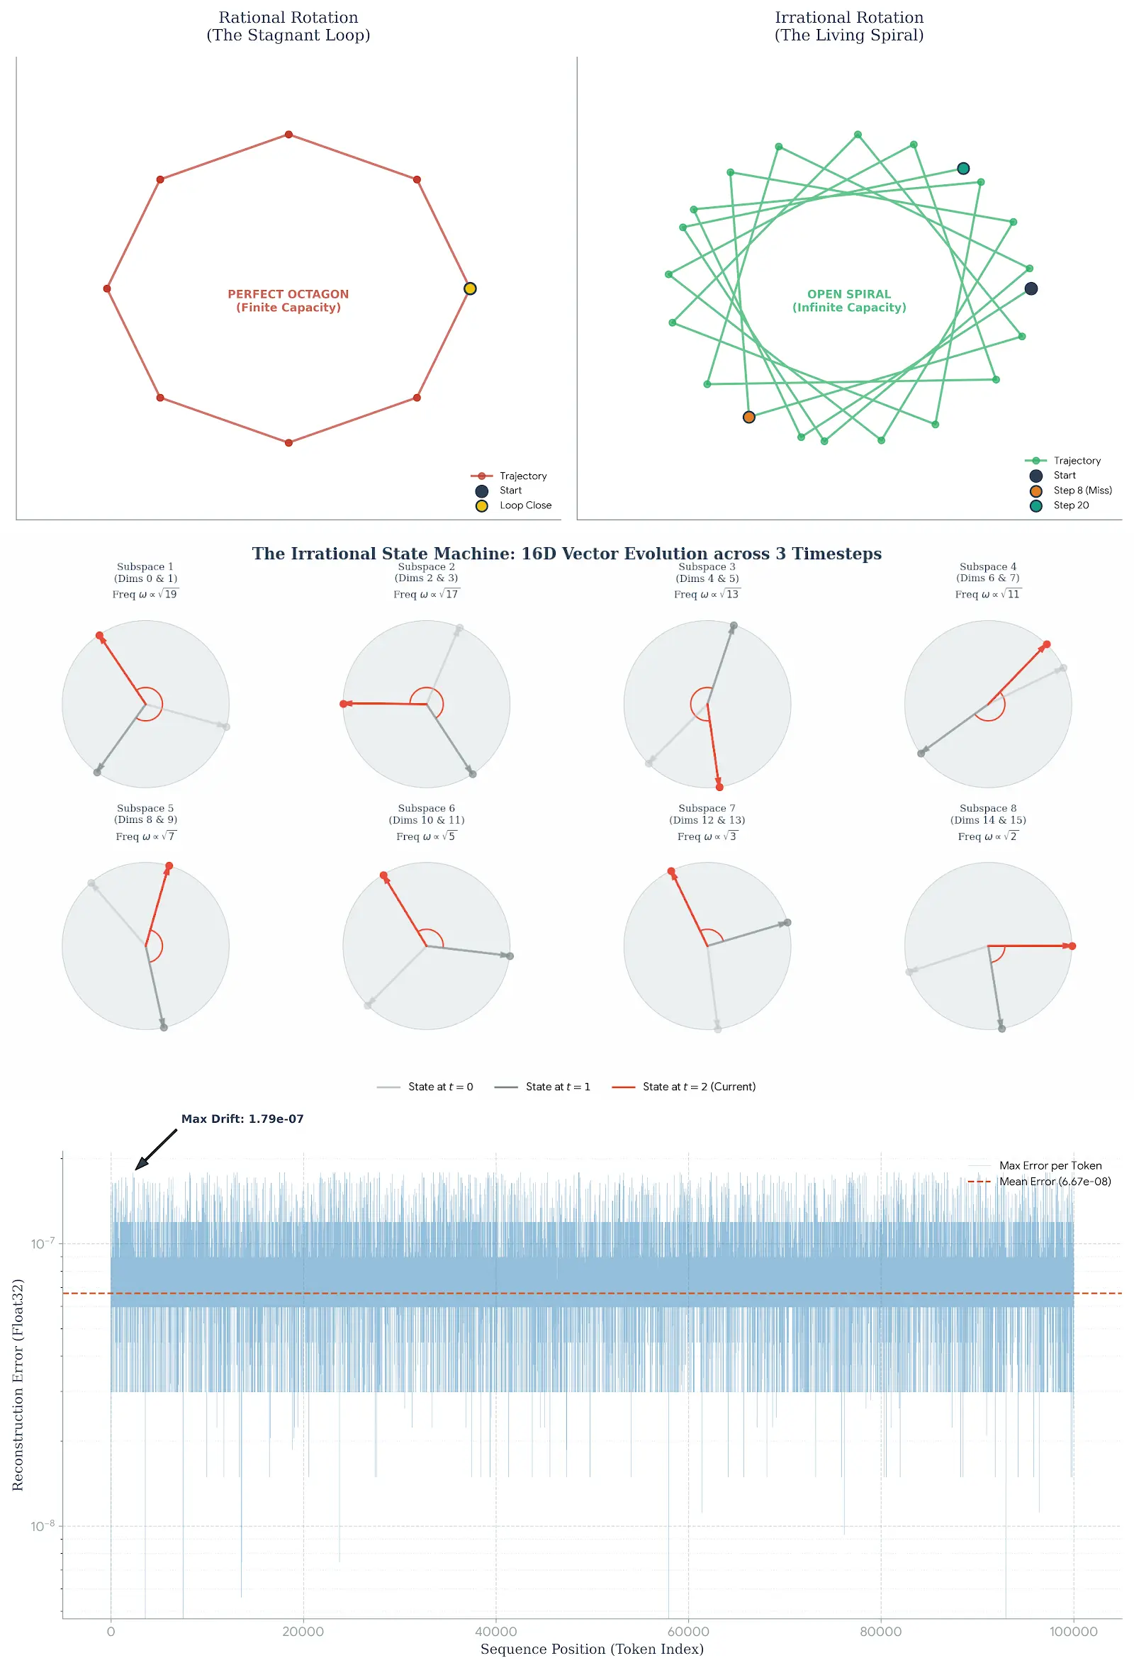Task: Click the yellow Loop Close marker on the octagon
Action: tap(470, 289)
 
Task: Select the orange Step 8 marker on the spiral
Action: tap(749, 417)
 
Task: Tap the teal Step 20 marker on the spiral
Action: tap(963, 169)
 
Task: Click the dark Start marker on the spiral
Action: tap(1031, 289)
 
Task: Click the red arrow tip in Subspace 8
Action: tap(1072, 946)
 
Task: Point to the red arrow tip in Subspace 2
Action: tap(344, 704)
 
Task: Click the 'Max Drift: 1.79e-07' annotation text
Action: tap(242, 1119)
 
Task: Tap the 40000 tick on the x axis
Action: tap(496, 1632)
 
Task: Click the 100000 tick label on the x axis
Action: tap(1073, 1632)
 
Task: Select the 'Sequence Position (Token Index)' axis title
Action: tap(591, 1650)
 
